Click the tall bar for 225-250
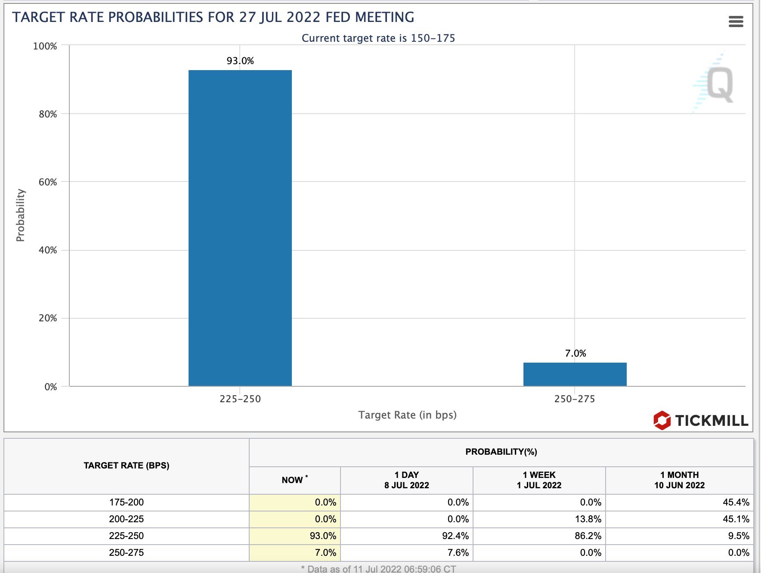coord(240,228)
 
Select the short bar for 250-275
coord(575,374)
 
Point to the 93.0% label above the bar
coord(240,61)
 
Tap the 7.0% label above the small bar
coord(575,354)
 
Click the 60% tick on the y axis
coord(48,182)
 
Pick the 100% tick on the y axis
coord(45,46)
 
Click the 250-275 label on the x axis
coord(575,399)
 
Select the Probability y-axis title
coord(20,215)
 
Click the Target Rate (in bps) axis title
coord(407,415)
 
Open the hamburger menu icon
coord(736,22)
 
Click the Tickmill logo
coord(701,420)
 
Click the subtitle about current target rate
coord(378,38)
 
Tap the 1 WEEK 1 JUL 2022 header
coord(539,480)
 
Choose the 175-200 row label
coord(127,502)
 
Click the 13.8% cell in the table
coord(588,519)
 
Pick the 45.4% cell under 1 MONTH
coord(736,502)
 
